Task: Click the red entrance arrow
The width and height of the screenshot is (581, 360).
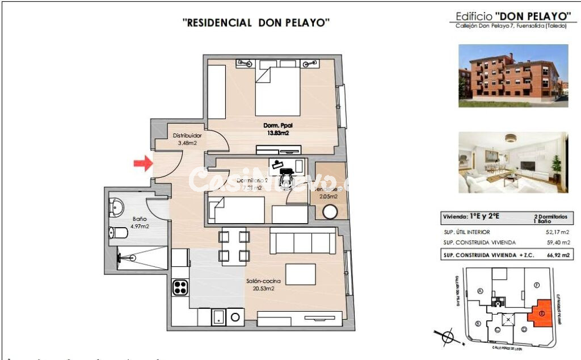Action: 142,164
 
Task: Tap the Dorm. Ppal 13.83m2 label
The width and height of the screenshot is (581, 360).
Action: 276,129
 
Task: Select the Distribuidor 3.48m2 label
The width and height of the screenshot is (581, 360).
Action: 187,139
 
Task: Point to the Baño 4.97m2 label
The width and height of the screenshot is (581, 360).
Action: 140,222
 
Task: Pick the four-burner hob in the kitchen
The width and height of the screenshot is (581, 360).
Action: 180,287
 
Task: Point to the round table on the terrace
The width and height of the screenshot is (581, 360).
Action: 330,211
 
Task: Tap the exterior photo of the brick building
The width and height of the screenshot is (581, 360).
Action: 513,76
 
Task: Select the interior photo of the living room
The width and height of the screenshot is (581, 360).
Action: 513,162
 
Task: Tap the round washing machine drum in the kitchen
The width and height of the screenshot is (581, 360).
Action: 234,317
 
